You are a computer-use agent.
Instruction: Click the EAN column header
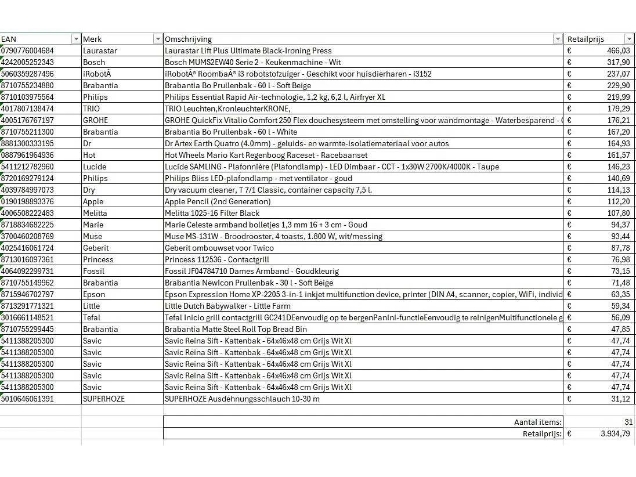pos(9,39)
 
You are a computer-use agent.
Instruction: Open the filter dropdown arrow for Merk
pos(157,39)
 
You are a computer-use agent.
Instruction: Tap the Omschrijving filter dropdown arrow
pos(558,39)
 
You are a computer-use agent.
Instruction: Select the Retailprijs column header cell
pos(586,39)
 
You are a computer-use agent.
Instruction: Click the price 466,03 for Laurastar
pos(617,50)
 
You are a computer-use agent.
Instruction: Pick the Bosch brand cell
pos(94,62)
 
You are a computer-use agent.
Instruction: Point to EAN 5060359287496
pos(27,74)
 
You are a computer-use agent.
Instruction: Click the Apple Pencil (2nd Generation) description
pos(218,201)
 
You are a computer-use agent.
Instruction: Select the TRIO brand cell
pos(91,109)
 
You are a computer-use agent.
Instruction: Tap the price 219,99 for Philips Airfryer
pos(617,97)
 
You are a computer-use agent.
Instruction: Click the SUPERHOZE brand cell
pos(104,399)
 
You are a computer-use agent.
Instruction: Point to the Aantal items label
pos(537,422)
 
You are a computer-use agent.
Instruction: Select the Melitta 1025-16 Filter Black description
pos(212,213)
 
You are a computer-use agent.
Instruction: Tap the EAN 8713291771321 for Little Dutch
pos(27,306)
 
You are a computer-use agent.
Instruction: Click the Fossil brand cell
pos(93,271)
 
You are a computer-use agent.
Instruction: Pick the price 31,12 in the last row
pos(620,399)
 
